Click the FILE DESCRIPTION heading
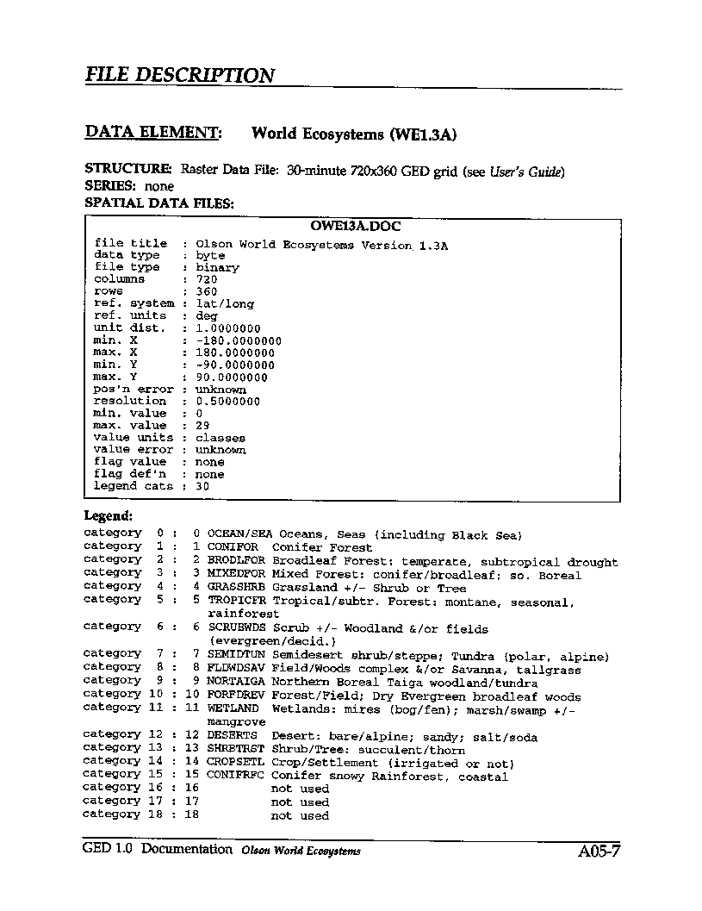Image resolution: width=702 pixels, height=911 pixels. (179, 75)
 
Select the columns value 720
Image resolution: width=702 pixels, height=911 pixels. (207, 279)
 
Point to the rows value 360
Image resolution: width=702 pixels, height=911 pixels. (207, 291)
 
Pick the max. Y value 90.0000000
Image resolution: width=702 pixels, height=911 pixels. (232, 377)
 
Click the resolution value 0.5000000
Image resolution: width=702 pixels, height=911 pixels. (228, 401)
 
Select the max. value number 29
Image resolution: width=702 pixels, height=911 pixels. (203, 425)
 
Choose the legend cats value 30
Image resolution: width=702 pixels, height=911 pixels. (203, 486)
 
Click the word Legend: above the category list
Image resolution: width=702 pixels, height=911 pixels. (108, 515)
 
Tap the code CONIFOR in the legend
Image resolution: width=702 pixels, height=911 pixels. (233, 547)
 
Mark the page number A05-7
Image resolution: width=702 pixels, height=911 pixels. (599, 852)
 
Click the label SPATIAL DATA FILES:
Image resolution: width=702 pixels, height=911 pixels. (159, 203)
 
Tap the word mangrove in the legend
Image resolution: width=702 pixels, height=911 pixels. (236, 721)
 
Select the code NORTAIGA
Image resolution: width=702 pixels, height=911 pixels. (236, 682)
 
